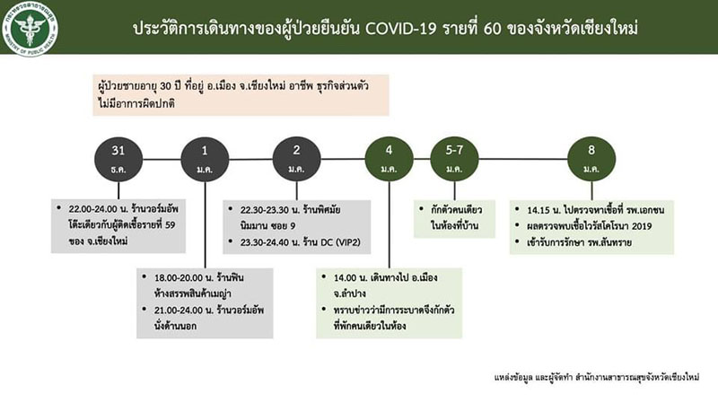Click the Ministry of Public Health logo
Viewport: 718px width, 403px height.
31,29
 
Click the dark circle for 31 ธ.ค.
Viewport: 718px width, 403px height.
118,160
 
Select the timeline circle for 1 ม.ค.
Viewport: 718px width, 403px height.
205,160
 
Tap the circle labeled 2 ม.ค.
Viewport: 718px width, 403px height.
297,160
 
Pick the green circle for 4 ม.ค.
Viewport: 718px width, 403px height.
390,160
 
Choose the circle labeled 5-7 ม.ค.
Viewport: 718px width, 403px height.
454,160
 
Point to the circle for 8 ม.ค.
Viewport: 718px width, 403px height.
591,160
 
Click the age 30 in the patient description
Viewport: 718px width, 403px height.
165,86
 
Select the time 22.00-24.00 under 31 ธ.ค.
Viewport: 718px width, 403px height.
93,209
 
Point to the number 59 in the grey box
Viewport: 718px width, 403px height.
170,225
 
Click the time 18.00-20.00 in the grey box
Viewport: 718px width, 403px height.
178,278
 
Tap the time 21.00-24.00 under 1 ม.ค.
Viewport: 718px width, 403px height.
178,311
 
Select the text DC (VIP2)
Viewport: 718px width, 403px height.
341,242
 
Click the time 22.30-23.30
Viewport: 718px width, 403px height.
265,210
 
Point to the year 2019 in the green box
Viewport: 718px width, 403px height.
642,226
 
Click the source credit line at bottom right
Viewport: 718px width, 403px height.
597,378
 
